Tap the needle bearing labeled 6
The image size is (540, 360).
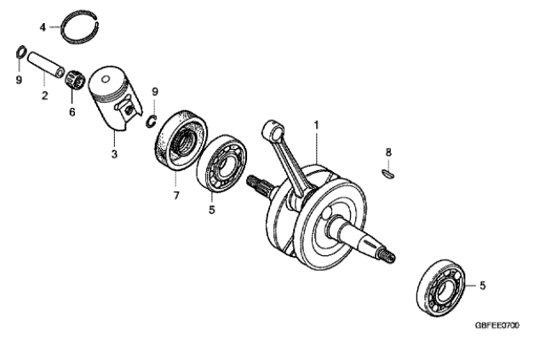(x=75, y=79)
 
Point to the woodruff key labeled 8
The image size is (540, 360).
(x=388, y=174)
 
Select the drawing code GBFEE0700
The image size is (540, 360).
(x=497, y=325)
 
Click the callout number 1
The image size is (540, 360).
(x=316, y=125)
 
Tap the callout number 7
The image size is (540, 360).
(x=176, y=196)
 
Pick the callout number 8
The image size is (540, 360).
(x=388, y=152)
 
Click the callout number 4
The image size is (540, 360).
(x=43, y=27)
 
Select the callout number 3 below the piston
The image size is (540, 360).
(x=114, y=154)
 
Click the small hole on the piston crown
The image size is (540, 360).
(x=106, y=80)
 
